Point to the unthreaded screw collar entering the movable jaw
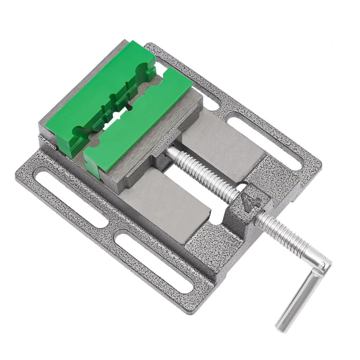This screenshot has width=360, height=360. coord(172,153)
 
